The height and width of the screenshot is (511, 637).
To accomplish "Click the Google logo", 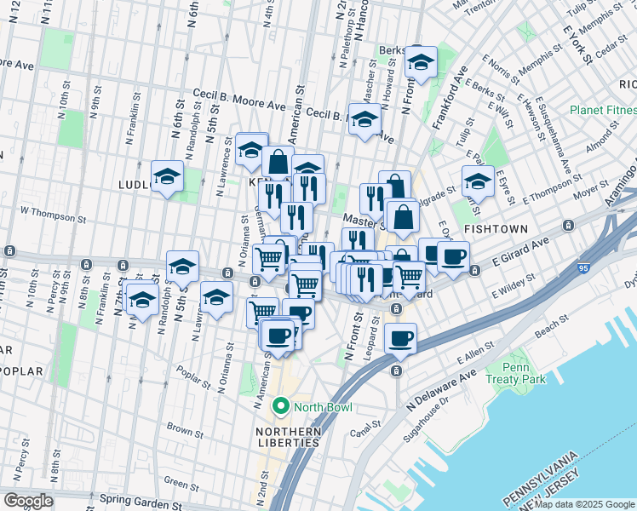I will click(28, 501).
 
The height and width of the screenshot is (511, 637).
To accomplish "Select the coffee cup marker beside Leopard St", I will click(400, 339).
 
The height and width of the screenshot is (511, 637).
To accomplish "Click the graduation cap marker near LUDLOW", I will click(167, 177).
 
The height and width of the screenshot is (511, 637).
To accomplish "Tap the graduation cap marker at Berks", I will click(419, 61).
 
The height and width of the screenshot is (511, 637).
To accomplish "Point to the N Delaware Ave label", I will click(442, 386).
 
